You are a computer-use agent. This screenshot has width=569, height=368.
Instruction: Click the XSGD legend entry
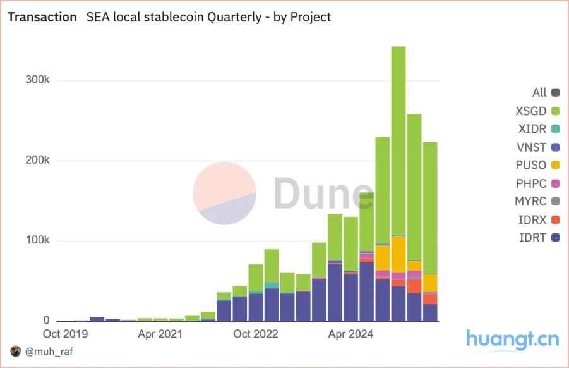[537, 111]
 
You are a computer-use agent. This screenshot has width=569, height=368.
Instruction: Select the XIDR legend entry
[537, 129]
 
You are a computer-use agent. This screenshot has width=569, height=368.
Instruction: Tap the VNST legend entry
[537, 147]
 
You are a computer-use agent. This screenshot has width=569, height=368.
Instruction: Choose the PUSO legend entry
[537, 166]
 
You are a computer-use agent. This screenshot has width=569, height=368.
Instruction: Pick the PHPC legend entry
[537, 183]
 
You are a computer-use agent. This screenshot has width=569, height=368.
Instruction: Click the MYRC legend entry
[537, 202]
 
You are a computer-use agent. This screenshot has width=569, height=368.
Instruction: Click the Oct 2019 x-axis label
[65, 333]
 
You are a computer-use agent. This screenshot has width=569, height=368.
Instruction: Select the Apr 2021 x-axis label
[160, 333]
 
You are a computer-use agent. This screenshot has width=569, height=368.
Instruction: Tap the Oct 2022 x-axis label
[256, 333]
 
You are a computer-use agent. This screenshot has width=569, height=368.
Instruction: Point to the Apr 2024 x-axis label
[351, 333]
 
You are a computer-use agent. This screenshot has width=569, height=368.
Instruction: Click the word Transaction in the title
[42, 17]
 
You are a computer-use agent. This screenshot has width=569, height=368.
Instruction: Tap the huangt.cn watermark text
[512, 340]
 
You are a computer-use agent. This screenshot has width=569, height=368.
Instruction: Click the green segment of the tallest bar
[398, 139]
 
